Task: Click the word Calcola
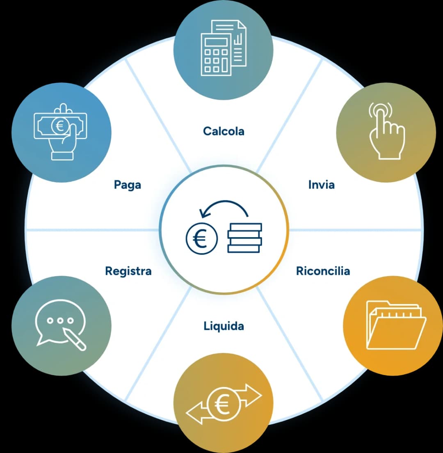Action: [224, 131]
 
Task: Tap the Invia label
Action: [322, 185]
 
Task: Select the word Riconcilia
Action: [323, 271]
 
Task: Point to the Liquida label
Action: [224, 326]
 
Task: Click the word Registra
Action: [128, 271]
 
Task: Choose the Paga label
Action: [127, 185]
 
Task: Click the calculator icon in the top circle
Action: [216, 54]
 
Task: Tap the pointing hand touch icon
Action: [386, 130]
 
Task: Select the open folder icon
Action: [396, 325]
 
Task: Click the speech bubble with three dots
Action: [60, 321]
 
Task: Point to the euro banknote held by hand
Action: [60, 126]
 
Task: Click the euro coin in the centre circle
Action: [201, 239]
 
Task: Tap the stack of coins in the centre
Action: [244, 238]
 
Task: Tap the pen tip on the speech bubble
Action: [65, 330]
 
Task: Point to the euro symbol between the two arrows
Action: [222, 404]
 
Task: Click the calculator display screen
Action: [216, 42]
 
